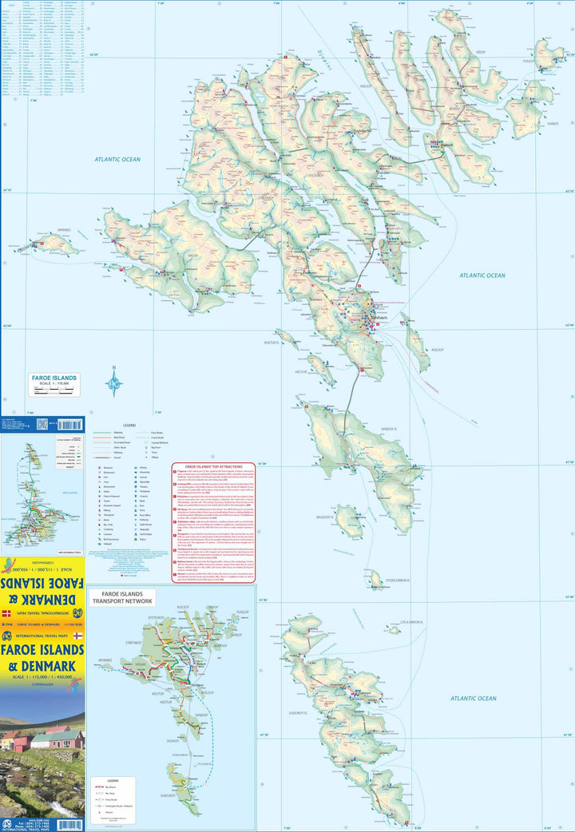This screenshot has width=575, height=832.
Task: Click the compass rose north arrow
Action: (x=114, y=383)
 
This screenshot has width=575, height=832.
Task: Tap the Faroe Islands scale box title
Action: (x=54, y=377)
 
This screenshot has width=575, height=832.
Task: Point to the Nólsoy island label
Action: (x=437, y=349)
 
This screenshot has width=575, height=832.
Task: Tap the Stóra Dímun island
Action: (x=375, y=579)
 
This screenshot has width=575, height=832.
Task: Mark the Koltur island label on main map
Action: (x=286, y=343)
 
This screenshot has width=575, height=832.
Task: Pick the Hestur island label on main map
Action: (x=300, y=372)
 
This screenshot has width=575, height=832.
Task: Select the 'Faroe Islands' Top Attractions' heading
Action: (x=213, y=466)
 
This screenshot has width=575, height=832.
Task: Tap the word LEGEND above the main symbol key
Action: (x=128, y=425)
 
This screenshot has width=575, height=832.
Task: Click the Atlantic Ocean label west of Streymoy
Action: (x=117, y=160)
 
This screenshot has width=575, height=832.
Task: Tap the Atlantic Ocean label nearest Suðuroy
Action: (x=473, y=698)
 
